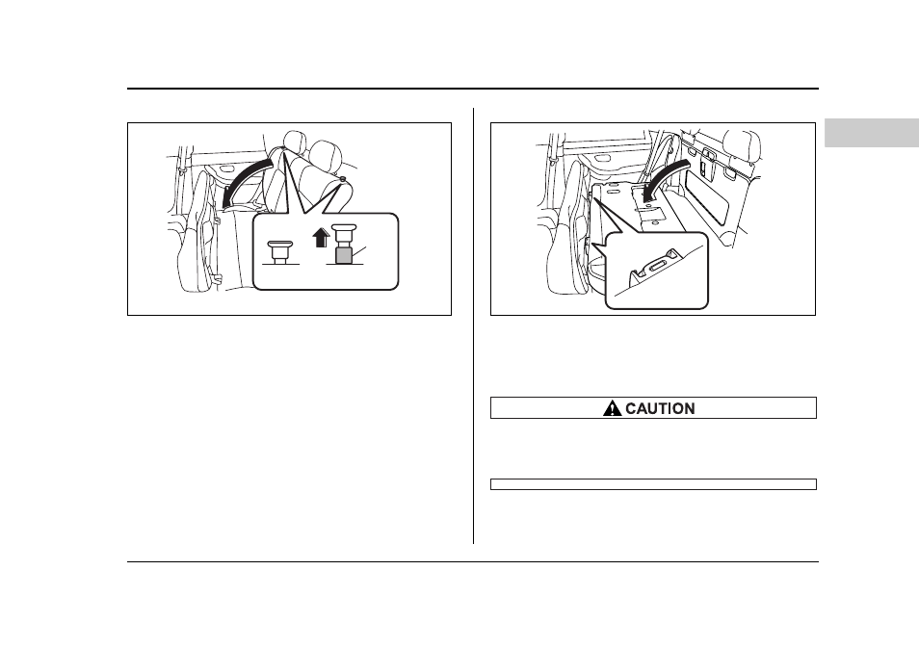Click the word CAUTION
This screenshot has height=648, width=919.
tap(660, 408)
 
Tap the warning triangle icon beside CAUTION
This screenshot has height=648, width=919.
tap(612, 408)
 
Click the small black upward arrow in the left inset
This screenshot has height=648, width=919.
tap(321, 237)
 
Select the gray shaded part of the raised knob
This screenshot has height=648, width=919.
tap(343, 255)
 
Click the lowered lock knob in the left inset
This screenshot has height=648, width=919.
tap(279, 250)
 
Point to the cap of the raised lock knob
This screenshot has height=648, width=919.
tap(344, 229)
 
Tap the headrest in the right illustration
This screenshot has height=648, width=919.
tap(742, 146)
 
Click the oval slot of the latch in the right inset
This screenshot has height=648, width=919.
tap(657, 267)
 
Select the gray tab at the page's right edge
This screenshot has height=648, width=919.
tap(872, 133)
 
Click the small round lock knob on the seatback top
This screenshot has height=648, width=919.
tap(342, 178)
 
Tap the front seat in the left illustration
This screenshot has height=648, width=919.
tap(197, 230)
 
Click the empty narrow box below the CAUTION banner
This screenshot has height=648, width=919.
tap(653, 484)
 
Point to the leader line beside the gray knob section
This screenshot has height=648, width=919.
tap(358, 251)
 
